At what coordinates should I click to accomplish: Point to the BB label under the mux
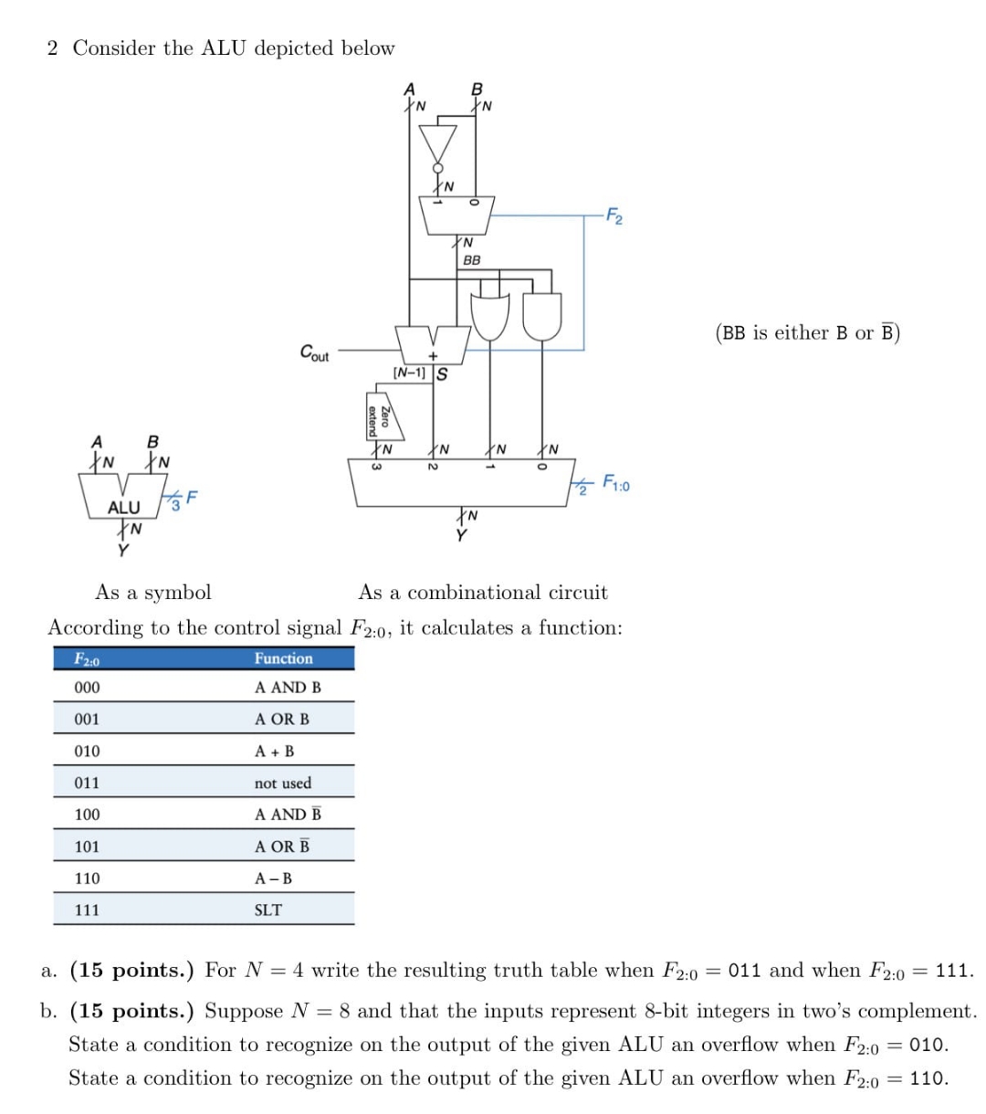point(471,260)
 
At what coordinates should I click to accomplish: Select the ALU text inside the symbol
point(123,506)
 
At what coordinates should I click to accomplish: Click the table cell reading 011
point(87,783)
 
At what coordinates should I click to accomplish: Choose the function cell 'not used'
point(282,783)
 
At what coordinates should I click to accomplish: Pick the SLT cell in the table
point(267,909)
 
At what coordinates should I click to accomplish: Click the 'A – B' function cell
point(273,878)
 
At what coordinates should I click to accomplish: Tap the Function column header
point(283,658)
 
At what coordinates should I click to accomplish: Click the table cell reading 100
point(87,814)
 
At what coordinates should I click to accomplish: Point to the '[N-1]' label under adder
point(408,373)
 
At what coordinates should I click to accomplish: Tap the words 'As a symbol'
point(153,593)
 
